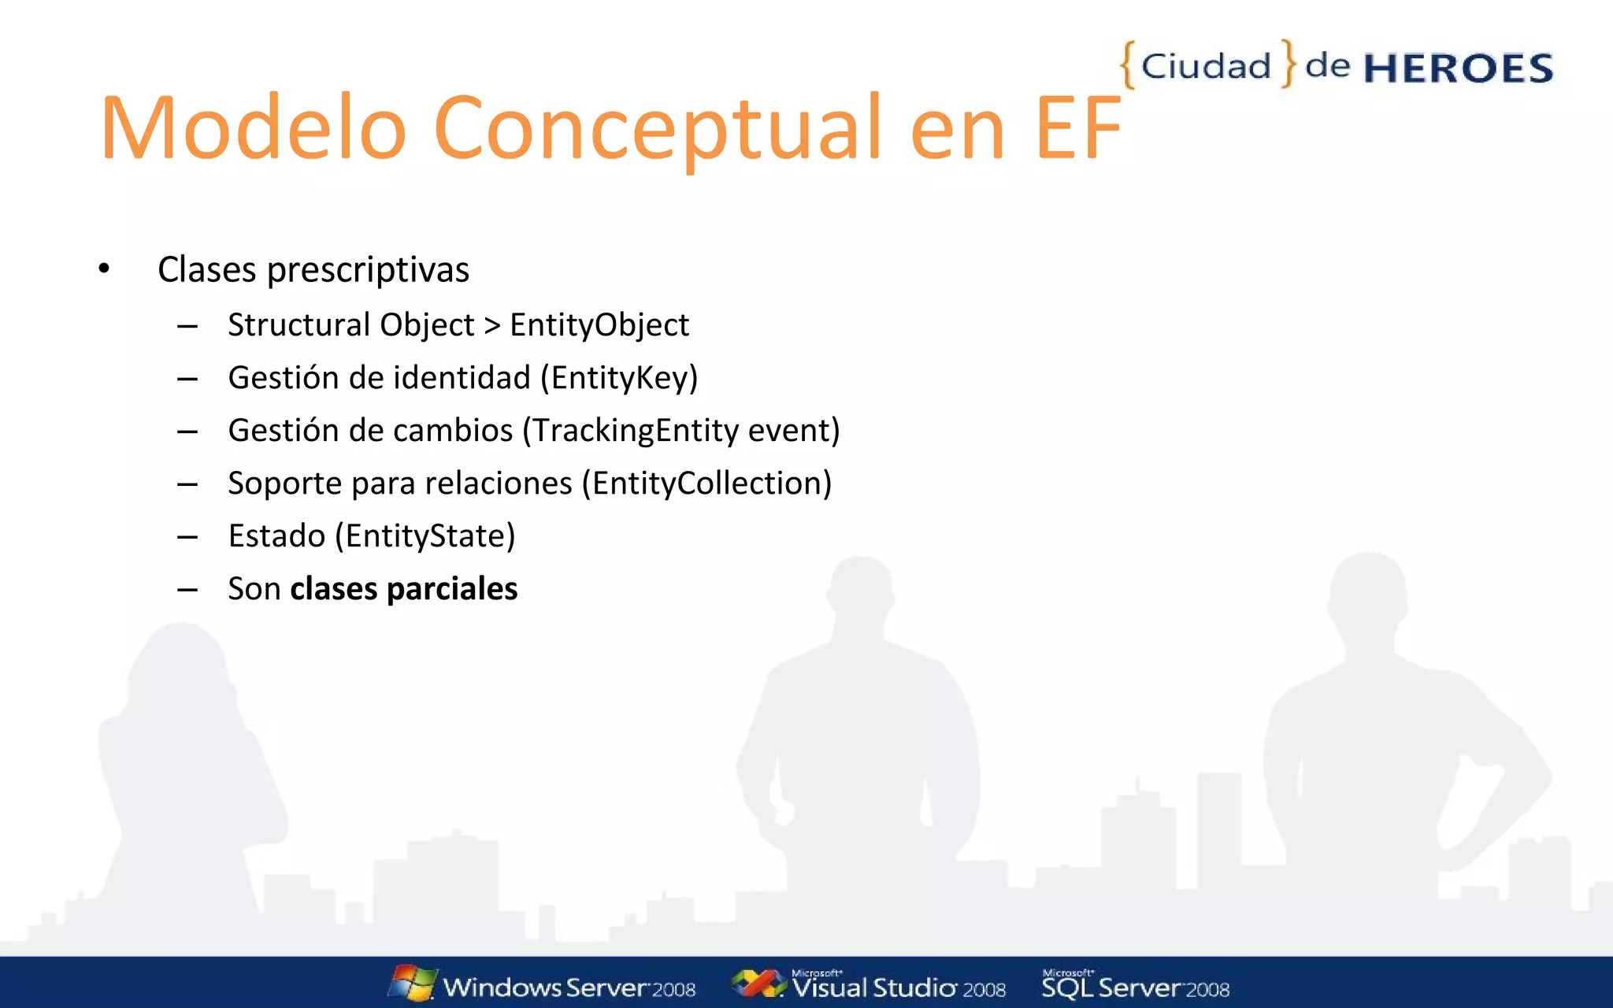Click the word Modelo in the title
(252, 128)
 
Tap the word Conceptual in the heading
(657, 128)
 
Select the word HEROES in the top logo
(1458, 69)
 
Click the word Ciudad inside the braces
(1206, 66)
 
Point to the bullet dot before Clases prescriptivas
(104, 269)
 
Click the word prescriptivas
(368, 270)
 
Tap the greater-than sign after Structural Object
(492, 325)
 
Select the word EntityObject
(599, 324)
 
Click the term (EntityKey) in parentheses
(619, 378)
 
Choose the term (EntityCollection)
(706, 484)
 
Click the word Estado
(276, 536)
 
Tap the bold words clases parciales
(404, 589)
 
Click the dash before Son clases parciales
(187, 589)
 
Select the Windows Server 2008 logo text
(569, 988)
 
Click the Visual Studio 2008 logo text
(898, 988)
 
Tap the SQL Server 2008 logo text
(1135, 988)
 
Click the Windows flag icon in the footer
(413, 983)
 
